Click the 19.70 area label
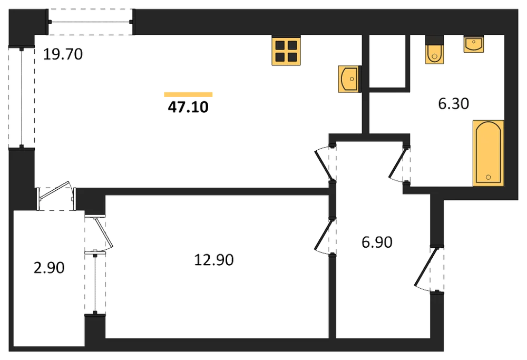pos(63,54)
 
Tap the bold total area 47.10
pos(188,107)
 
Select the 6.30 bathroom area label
pos(453,103)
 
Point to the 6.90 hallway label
pos(377,242)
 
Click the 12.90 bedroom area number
pos(214,260)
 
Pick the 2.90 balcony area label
pos(49,268)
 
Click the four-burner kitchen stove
pos(286,50)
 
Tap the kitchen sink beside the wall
pos(349,79)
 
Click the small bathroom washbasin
pos(474,44)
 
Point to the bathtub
pos(489,153)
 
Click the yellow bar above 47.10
pos(188,94)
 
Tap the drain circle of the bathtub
pos(489,177)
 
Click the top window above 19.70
pos(91,22)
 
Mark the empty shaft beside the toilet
pos(389,61)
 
